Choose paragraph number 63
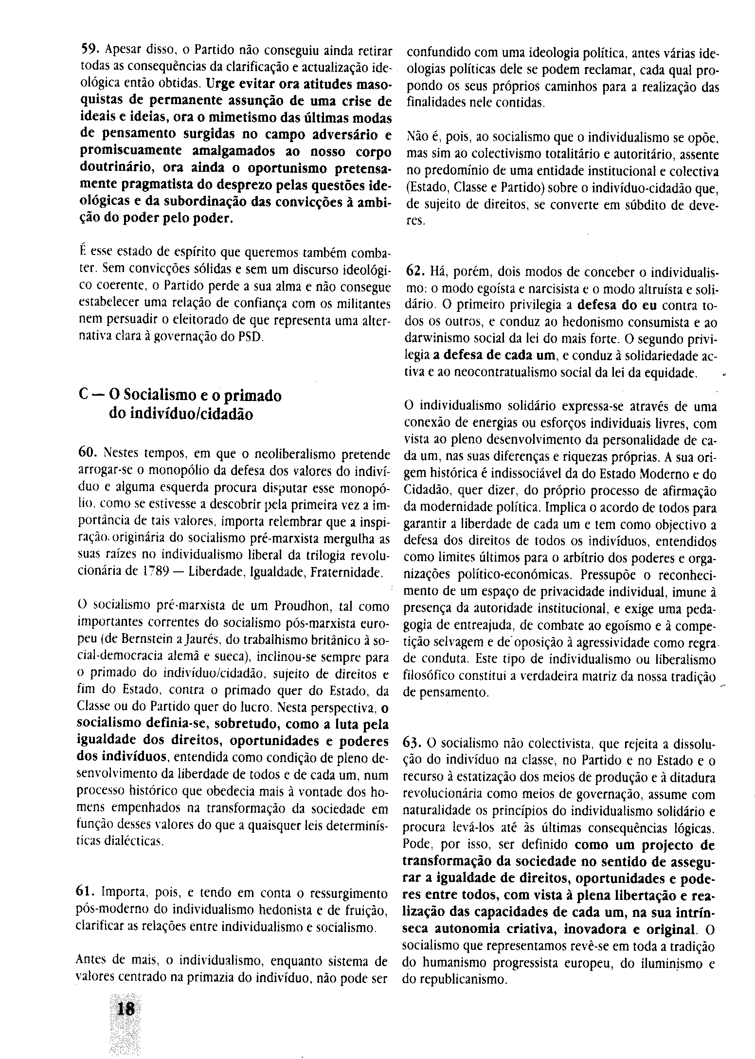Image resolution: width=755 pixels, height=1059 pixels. point(413,743)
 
